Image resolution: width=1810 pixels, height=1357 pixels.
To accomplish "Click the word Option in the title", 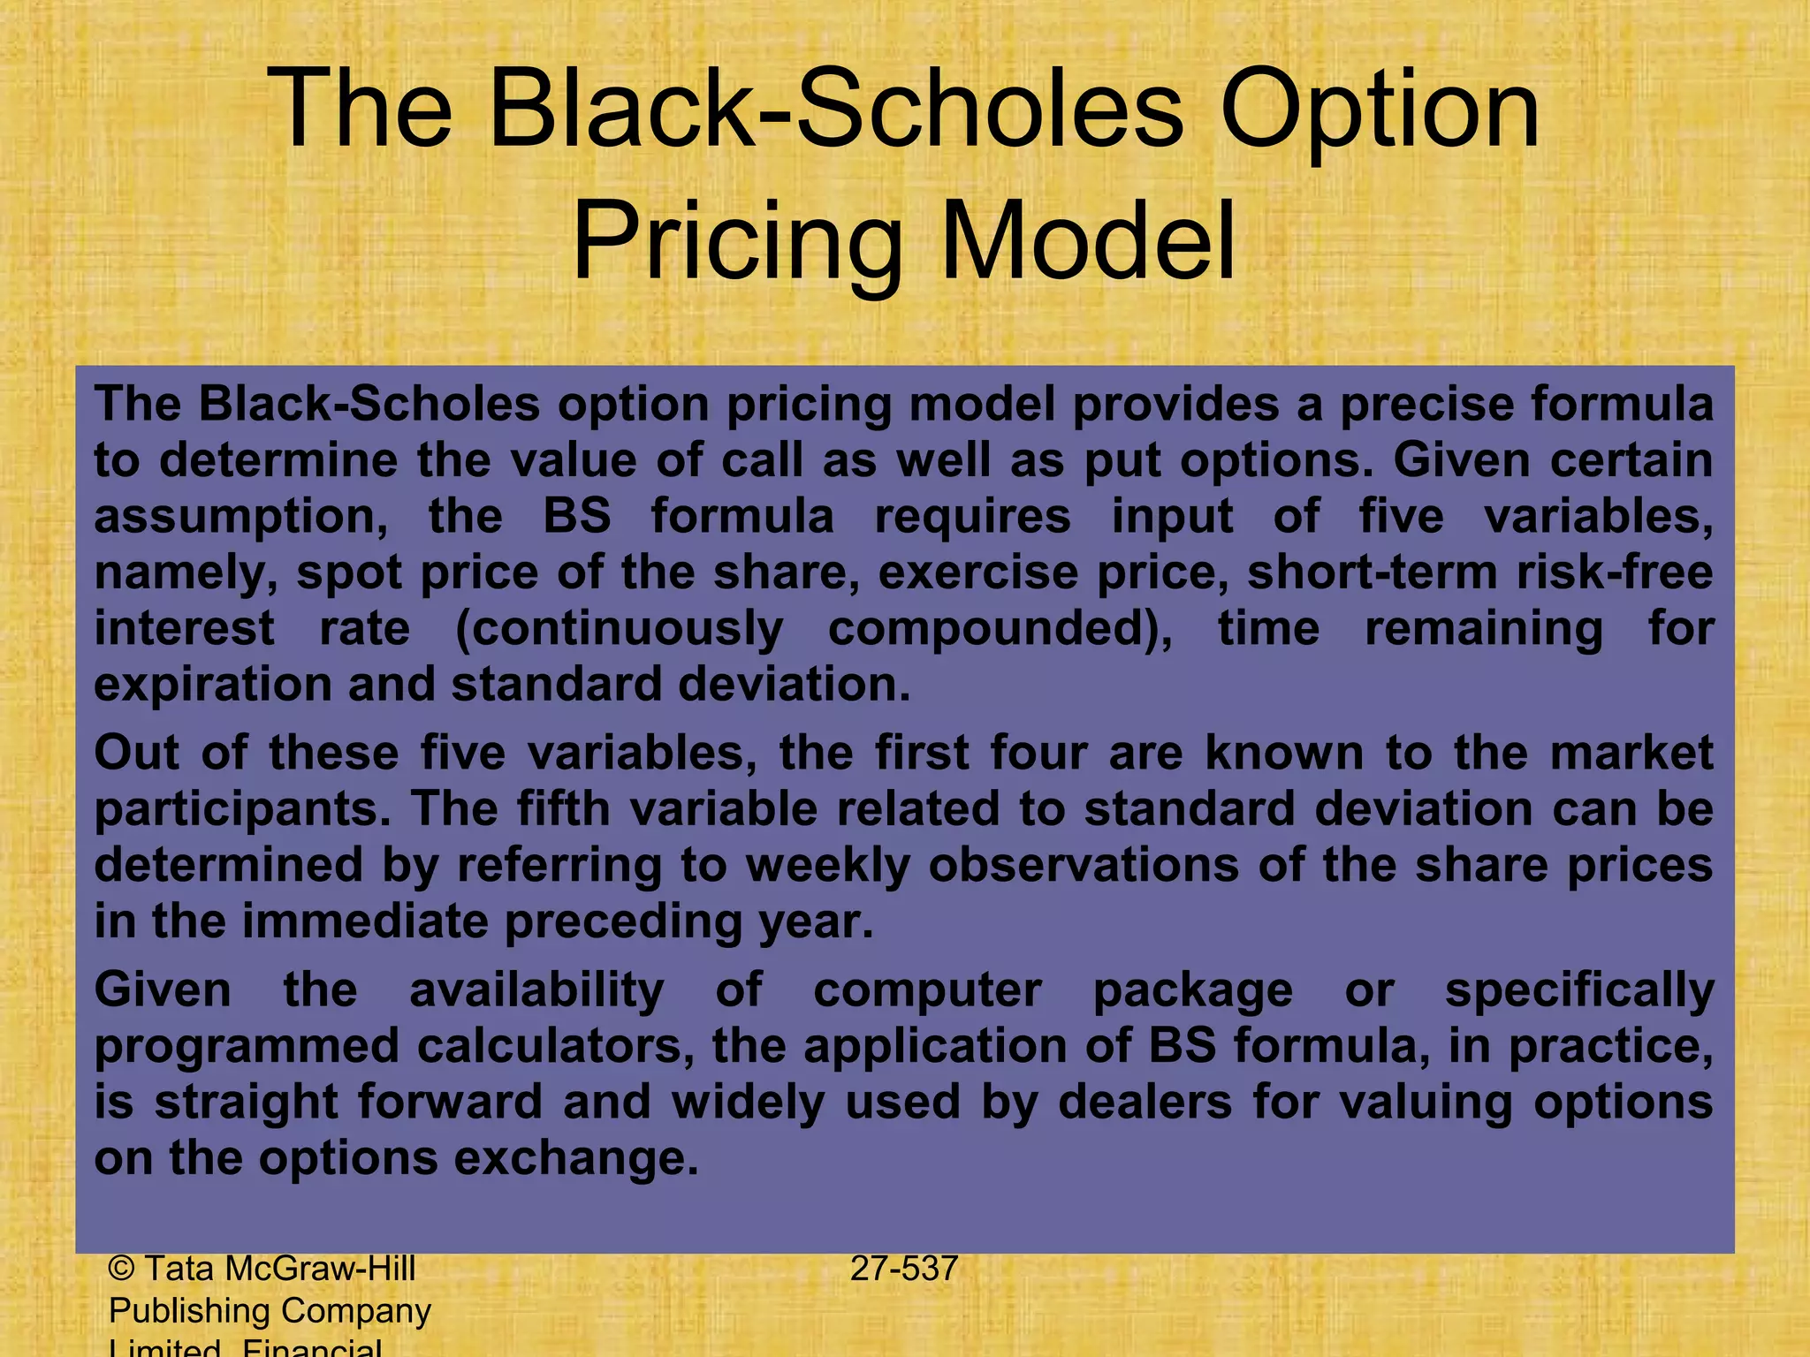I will pos(1380,113).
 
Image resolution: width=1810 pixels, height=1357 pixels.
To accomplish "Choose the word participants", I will pos(242,810).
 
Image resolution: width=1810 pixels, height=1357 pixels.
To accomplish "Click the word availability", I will pos(536,991).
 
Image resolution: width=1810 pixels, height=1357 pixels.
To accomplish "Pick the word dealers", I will pos(1145,1103).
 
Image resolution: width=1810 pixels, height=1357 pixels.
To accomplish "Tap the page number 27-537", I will pos(904,1270).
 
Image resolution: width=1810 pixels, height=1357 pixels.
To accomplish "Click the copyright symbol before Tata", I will pos(121,1270).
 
